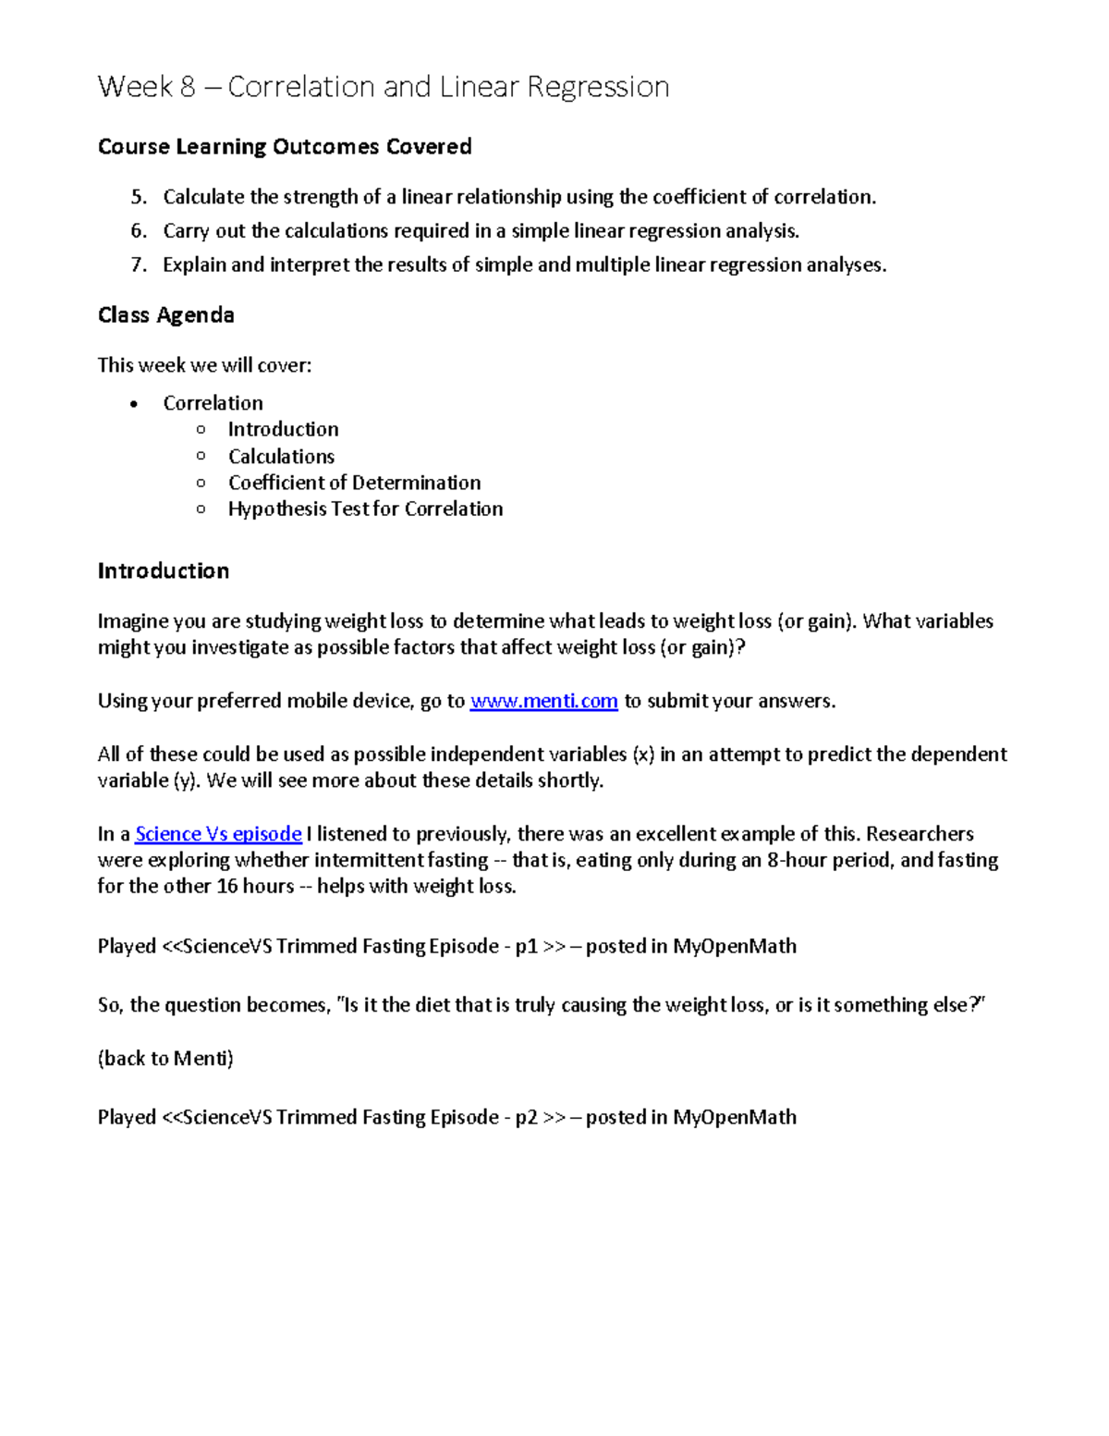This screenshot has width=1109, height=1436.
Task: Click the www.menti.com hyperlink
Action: point(543,701)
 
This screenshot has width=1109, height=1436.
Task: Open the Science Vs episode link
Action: point(218,834)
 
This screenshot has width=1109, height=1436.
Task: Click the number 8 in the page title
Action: point(188,87)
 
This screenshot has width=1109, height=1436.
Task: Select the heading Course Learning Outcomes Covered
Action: point(285,147)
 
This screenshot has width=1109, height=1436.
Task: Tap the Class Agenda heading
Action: point(166,315)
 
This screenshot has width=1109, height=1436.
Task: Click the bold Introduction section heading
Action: point(164,571)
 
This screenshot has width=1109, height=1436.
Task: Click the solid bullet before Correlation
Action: point(135,404)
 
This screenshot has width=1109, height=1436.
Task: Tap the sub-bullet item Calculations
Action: point(281,456)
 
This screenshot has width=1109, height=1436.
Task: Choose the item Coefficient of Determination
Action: point(354,483)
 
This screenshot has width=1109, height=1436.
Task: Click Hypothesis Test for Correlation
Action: point(365,509)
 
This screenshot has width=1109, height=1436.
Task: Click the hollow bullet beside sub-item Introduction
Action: point(201,429)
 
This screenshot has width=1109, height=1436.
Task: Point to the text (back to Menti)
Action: point(165,1058)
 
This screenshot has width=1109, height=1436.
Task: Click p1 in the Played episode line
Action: point(526,947)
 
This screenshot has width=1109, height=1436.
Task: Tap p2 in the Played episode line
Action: point(526,1117)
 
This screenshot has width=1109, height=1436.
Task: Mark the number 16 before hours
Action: point(226,886)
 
